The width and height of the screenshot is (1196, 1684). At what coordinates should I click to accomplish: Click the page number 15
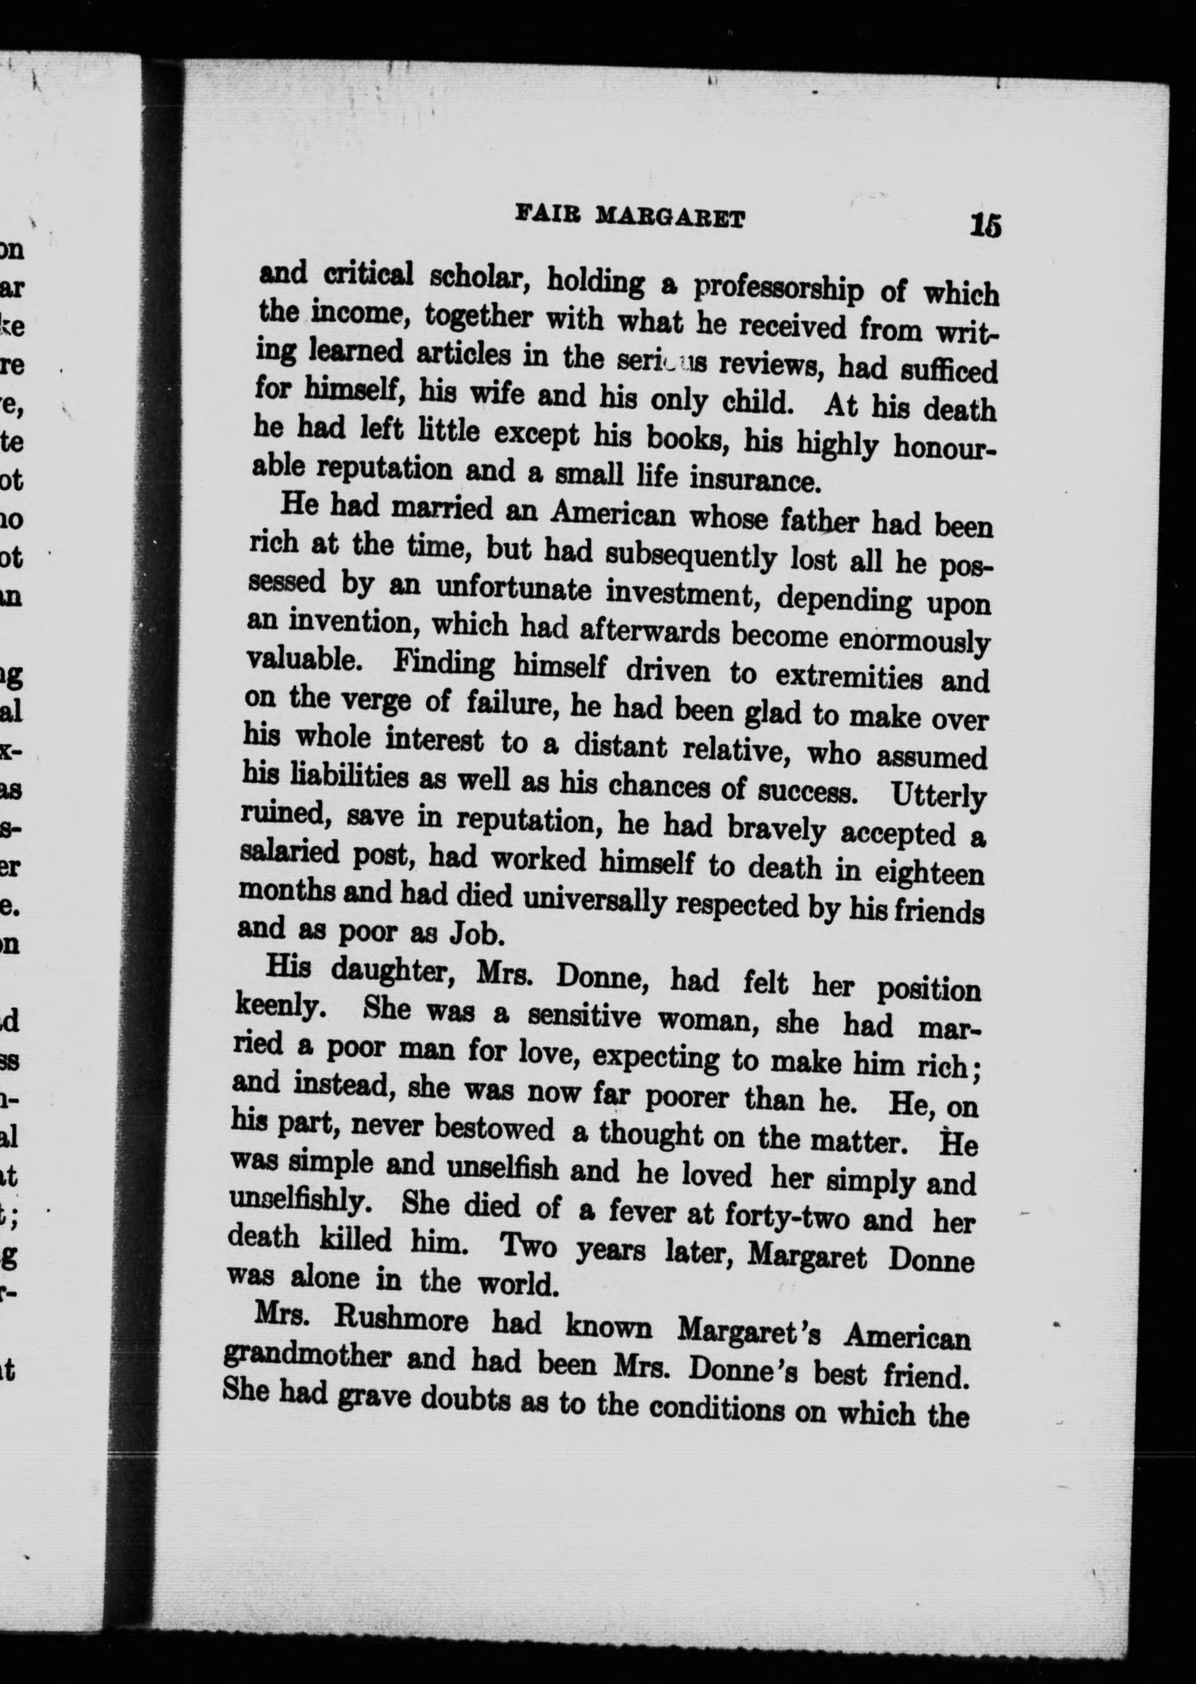click(986, 225)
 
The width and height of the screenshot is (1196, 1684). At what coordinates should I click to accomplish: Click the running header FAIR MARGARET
click(630, 217)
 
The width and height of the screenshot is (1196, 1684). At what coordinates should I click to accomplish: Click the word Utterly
click(938, 796)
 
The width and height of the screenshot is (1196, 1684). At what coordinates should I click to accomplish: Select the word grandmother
click(307, 1357)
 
